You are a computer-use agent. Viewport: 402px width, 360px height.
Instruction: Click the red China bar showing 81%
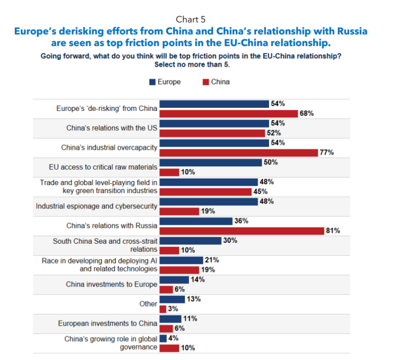[241, 231]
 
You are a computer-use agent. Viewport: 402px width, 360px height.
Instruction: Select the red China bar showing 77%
[238, 152]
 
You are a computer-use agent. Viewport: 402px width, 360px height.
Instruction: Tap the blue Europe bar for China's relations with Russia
[196, 221]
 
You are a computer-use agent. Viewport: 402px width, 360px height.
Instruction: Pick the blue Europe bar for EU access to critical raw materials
[210, 162]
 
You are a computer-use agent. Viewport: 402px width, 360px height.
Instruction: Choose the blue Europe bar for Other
[172, 299]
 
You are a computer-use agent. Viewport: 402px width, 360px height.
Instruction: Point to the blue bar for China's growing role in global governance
[163, 339]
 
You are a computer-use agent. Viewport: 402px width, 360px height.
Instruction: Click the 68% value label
[307, 113]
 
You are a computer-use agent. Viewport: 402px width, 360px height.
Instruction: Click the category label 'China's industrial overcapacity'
[109, 147]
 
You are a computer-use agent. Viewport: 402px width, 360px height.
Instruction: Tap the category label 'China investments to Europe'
[111, 284]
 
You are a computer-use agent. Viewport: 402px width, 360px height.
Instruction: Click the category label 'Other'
[148, 303]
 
